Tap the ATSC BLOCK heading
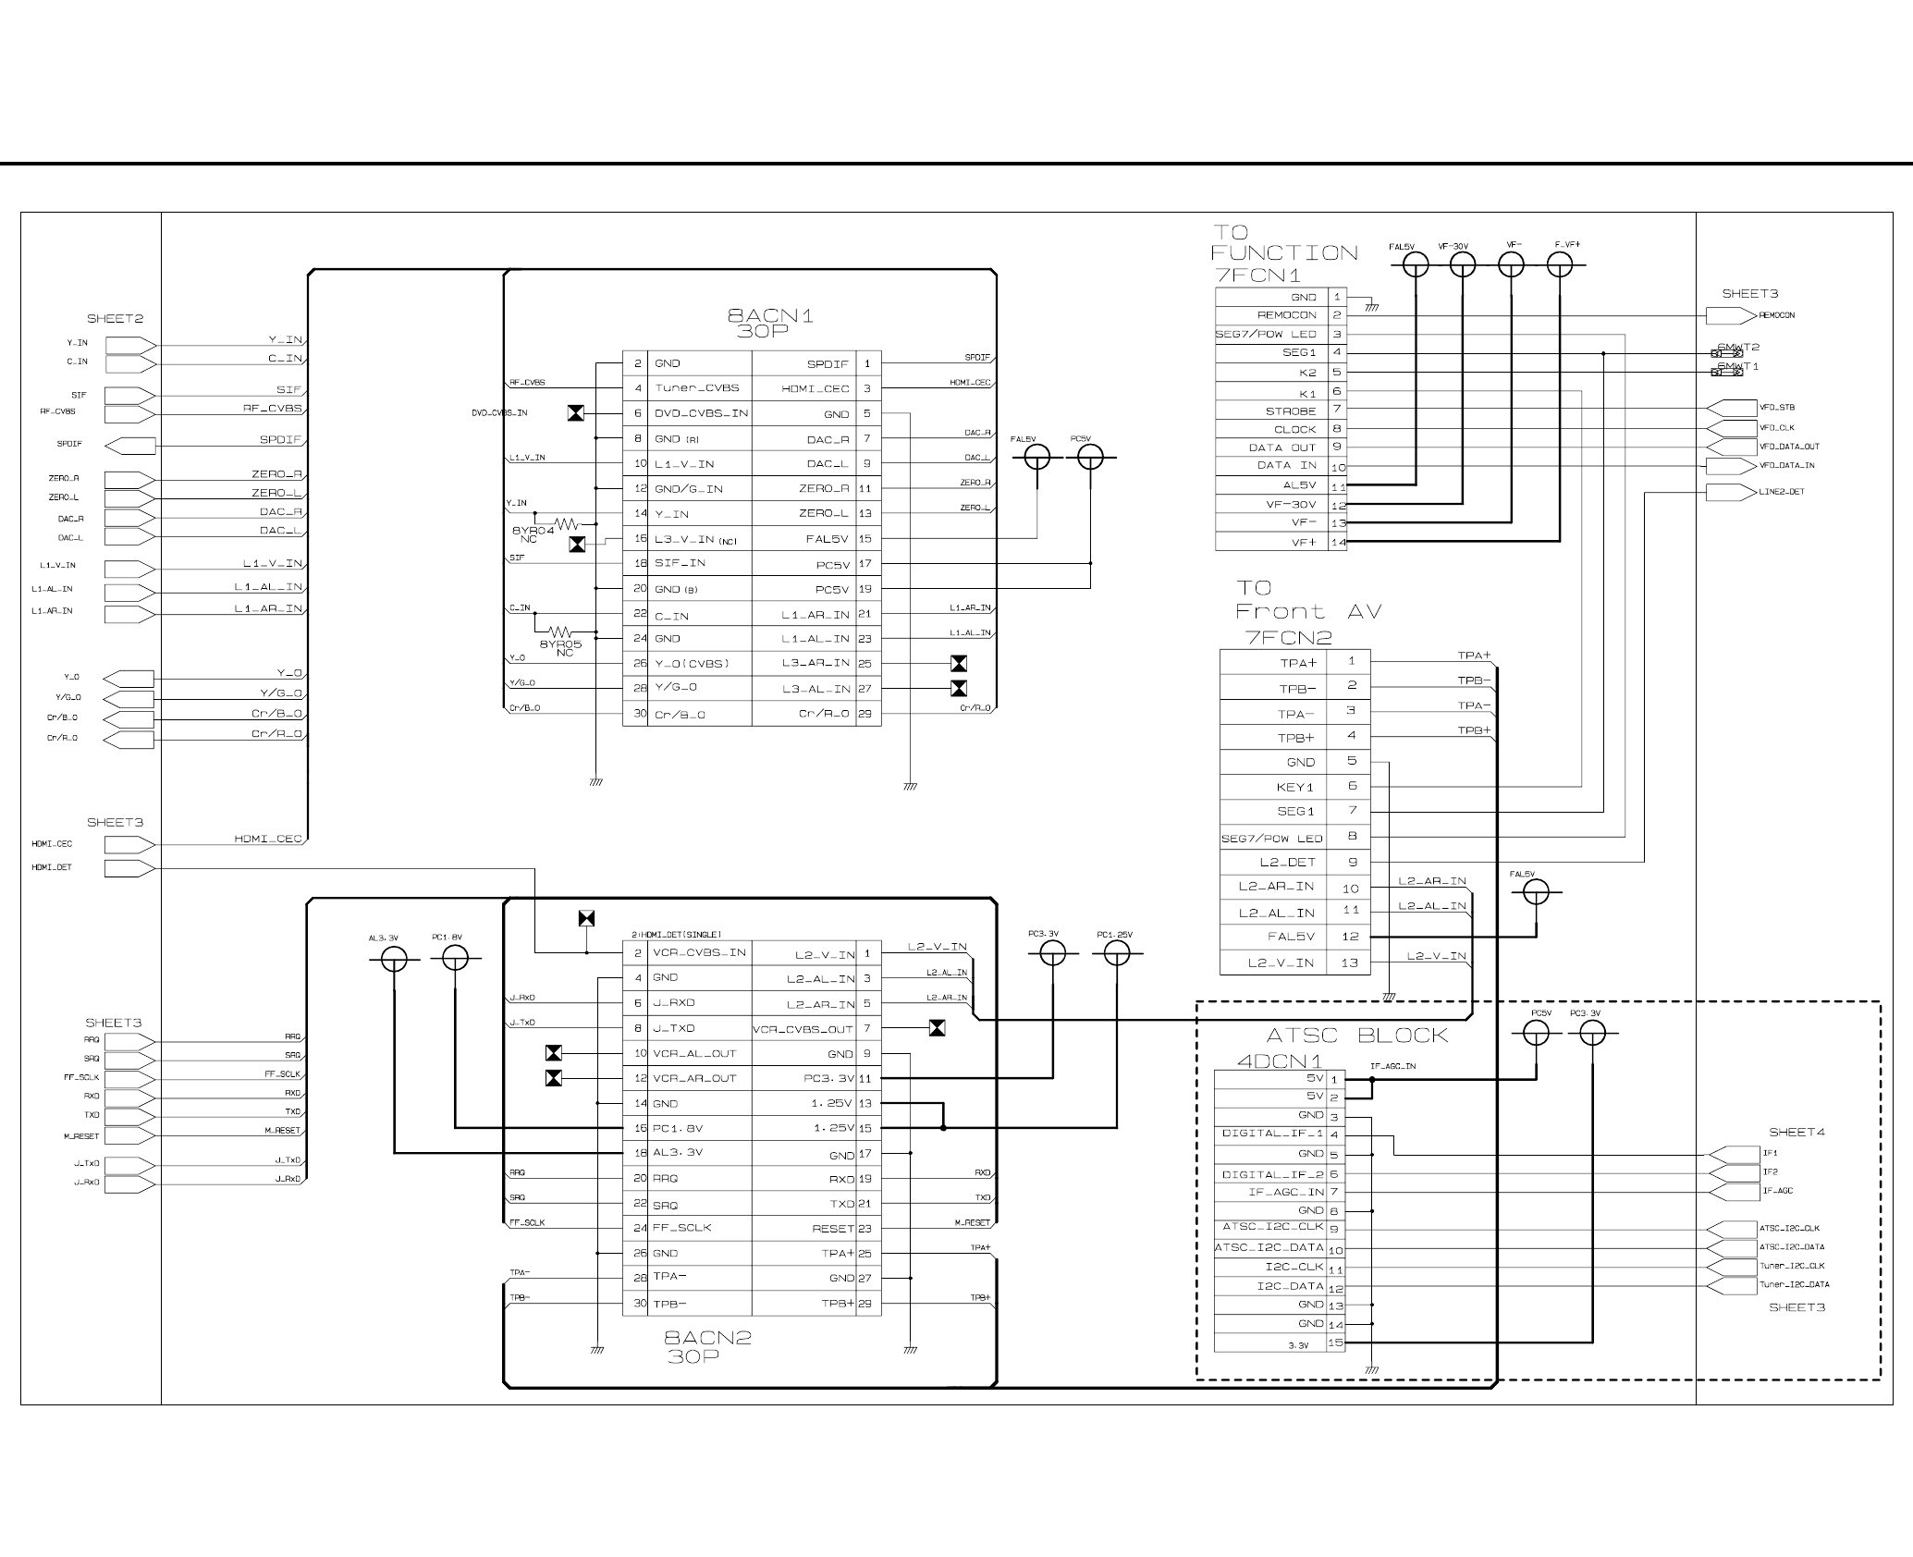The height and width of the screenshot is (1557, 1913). (1356, 1036)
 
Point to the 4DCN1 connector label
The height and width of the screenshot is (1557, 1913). (1280, 1061)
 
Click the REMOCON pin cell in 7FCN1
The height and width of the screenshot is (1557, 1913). (1271, 315)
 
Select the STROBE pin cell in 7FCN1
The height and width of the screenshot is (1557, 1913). (1271, 411)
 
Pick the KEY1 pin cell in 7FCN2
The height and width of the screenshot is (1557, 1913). (1273, 788)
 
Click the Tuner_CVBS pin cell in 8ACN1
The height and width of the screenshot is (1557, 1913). (699, 388)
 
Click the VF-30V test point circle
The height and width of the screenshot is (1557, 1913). (1463, 265)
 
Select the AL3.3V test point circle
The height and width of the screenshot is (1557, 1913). (395, 960)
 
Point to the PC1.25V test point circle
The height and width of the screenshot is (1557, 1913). (1117, 953)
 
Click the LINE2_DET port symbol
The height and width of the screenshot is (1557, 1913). (1730, 492)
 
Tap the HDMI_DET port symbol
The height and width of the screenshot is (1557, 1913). (129, 868)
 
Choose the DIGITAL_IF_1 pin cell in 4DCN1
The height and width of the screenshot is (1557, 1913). (1271, 1134)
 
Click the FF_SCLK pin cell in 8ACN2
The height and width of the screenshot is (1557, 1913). (699, 1229)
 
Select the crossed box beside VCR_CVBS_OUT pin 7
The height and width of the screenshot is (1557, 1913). (938, 1028)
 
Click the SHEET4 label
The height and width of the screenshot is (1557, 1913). (1797, 1133)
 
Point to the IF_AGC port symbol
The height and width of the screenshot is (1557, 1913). (1732, 1192)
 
